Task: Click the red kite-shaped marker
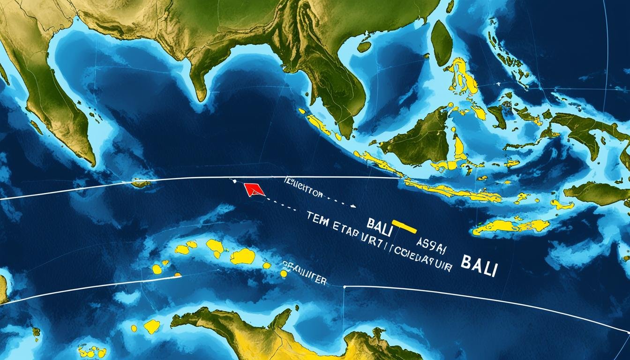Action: [254, 189]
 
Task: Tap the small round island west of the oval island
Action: [364, 47]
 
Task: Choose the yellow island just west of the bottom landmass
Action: [151, 326]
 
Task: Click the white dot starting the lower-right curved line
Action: [345, 286]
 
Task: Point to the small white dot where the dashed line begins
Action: [232, 180]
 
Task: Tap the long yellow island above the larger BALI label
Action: [511, 226]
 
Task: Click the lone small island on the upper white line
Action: [139, 183]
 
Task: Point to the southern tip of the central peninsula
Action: [201, 97]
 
